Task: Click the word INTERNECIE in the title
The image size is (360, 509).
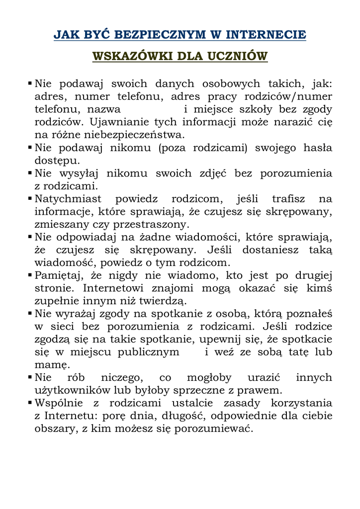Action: (x=266, y=35)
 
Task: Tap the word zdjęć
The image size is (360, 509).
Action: (x=213, y=173)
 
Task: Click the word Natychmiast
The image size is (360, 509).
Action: (x=67, y=199)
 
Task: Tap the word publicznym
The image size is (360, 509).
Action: (x=149, y=352)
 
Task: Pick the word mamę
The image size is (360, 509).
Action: (x=50, y=365)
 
